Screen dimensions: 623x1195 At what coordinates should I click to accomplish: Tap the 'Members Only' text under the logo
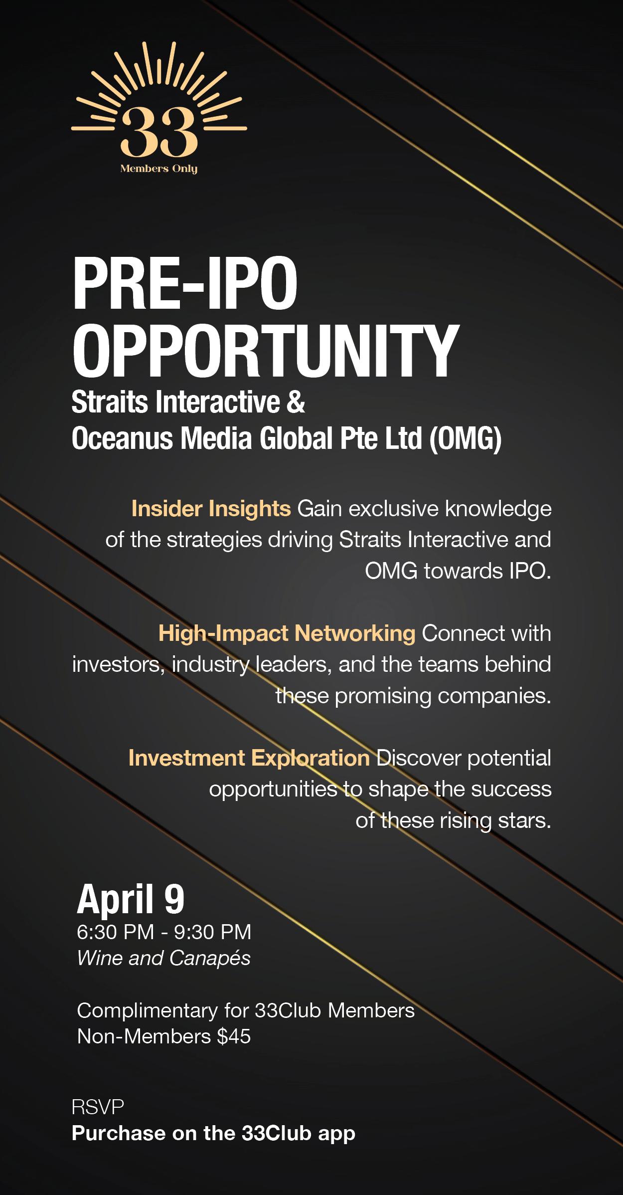[159, 169]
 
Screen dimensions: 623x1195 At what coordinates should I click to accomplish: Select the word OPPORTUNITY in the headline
[265, 351]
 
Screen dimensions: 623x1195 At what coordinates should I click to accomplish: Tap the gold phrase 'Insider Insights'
[211, 509]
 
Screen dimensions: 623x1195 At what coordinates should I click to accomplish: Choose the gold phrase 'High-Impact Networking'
[287, 633]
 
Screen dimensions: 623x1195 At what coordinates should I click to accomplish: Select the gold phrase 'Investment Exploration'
[249, 758]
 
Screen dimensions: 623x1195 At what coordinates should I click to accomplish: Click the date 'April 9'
[131, 899]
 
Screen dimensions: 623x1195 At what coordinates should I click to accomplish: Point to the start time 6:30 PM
[116, 932]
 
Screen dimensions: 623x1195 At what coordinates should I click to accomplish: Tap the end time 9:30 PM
[212, 932]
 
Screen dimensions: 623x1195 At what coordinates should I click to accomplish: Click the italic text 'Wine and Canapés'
[164, 958]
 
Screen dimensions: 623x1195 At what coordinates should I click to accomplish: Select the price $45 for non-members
[234, 1036]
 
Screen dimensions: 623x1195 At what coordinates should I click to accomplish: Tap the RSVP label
[98, 1107]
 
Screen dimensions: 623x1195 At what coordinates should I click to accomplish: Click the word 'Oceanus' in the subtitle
[122, 439]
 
